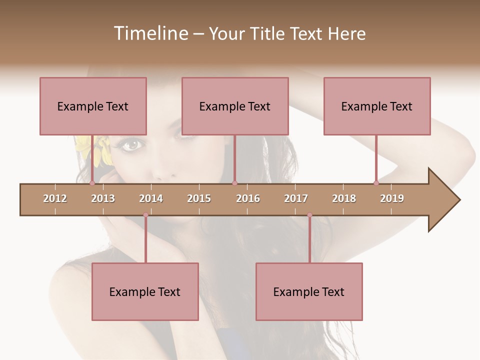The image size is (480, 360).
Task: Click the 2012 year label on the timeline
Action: tap(55, 198)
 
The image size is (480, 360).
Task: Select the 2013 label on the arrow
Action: tap(103, 198)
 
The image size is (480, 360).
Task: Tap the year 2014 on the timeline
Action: tap(151, 198)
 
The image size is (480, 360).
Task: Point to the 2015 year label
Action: tap(199, 198)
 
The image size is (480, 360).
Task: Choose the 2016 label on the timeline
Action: tap(248, 198)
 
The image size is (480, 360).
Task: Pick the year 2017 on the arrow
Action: tap(296, 198)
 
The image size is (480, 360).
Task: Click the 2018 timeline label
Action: tap(344, 198)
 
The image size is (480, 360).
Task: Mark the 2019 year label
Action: tap(392, 198)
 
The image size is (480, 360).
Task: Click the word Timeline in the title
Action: tap(149, 33)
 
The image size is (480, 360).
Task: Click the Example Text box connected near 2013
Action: tap(93, 106)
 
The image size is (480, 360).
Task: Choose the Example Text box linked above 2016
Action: tap(235, 106)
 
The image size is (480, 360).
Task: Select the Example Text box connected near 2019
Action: tap(377, 106)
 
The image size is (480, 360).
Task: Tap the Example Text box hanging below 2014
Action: tap(145, 291)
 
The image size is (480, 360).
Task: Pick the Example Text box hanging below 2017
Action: tap(309, 291)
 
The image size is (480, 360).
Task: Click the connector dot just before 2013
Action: tap(92, 183)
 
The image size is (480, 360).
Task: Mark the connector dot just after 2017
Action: tap(309, 215)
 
